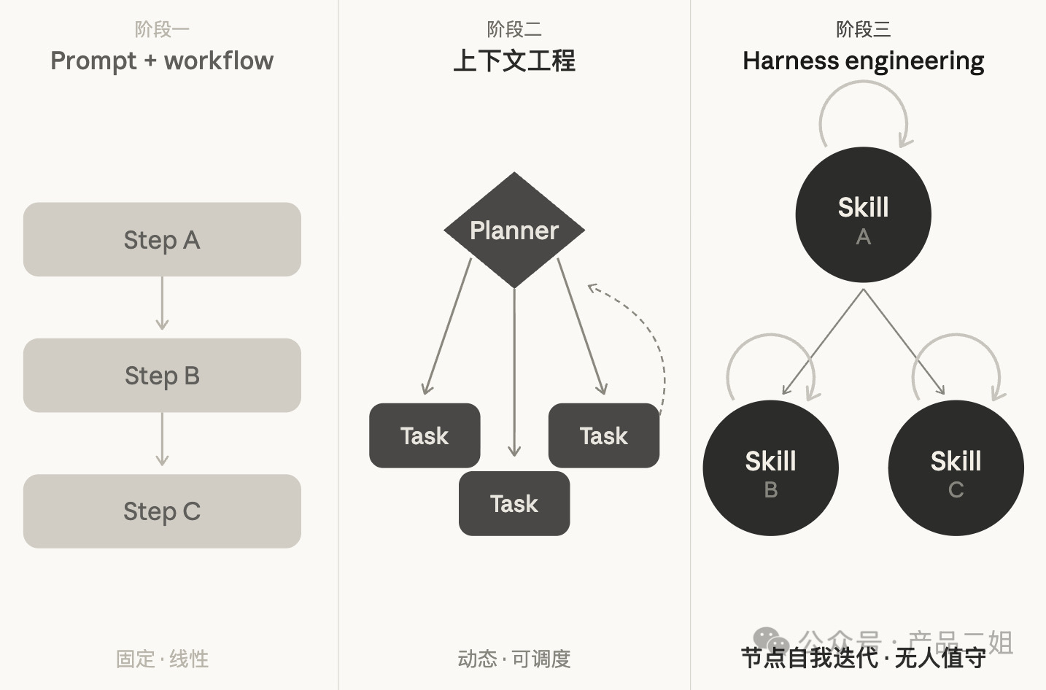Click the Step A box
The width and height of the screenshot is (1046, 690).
162,239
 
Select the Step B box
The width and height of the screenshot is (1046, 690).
162,375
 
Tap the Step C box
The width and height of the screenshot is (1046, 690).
162,511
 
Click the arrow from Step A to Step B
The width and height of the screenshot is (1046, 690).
162,303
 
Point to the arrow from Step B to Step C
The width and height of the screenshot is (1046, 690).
162,439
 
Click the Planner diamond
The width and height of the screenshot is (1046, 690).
514,230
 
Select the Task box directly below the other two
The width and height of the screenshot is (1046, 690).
514,503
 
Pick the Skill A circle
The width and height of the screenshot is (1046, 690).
863,214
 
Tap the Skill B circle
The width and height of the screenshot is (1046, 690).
770,468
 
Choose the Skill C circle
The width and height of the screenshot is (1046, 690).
956,468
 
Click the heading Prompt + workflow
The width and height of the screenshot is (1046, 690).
162,61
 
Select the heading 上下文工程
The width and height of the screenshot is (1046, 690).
514,61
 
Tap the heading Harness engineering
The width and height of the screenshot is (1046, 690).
863,61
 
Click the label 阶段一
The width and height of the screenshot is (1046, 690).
162,29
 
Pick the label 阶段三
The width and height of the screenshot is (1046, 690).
863,29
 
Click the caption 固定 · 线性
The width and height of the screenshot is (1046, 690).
162,659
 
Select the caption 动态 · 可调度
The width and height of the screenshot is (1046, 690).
514,659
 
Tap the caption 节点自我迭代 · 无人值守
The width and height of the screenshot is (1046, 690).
863,658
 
